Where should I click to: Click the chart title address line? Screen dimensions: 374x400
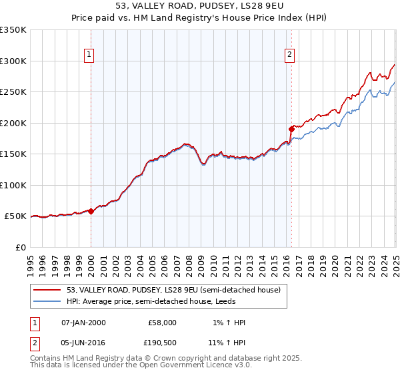[200, 7]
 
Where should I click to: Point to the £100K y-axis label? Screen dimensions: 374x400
[14, 185]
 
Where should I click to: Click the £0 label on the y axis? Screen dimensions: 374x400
[21, 247]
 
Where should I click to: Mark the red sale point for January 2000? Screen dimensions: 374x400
[91, 211]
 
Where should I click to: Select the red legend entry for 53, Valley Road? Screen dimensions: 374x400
[173, 290]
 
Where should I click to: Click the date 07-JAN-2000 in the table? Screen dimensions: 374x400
[83, 323]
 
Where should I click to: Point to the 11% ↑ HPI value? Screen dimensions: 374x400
[227, 342]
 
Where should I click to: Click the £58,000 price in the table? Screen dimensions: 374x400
[163, 323]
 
